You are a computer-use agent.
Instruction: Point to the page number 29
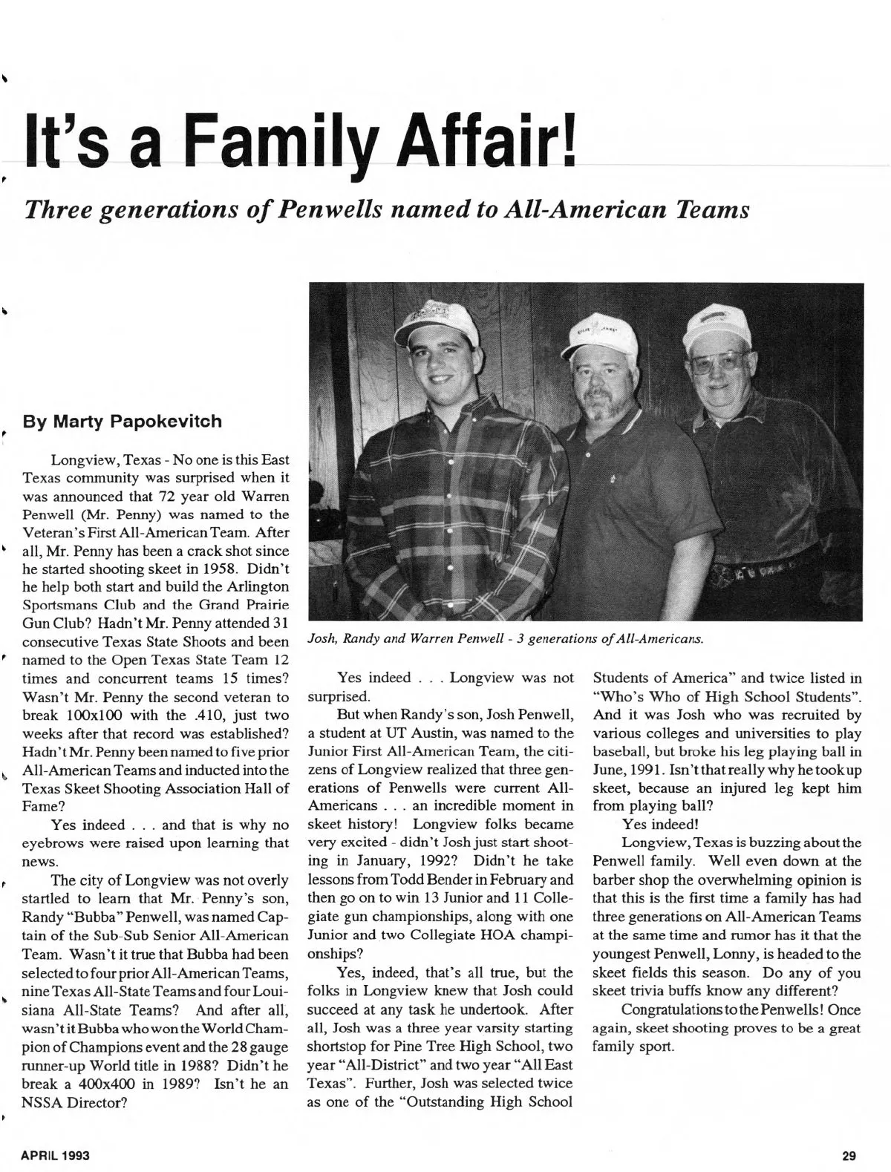(850, 1155)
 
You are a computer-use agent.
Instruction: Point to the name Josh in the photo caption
(321, 638)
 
